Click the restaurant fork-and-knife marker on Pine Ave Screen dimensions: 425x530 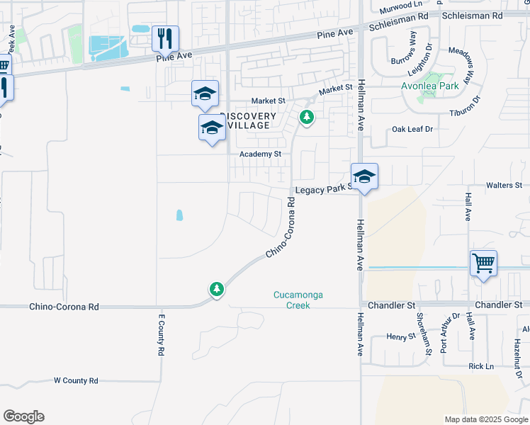pos(165,38)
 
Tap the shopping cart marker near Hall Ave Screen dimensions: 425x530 pos(483,263)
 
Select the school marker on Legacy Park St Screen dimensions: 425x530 pos(364,177)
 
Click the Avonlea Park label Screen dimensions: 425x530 pos(429,86)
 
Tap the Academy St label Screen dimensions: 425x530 pos(260,154)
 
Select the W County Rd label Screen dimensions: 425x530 pos(76,380)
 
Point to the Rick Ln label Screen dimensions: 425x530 pos(480,366)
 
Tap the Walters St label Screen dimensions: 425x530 pos(504,186)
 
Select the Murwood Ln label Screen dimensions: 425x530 pos(400,5)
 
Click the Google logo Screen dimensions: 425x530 pos(23,416)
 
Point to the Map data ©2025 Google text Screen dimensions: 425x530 pos(485,419)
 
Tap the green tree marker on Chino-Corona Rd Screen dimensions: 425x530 pos(216,289)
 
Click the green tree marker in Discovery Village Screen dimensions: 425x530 pos(306,117)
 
